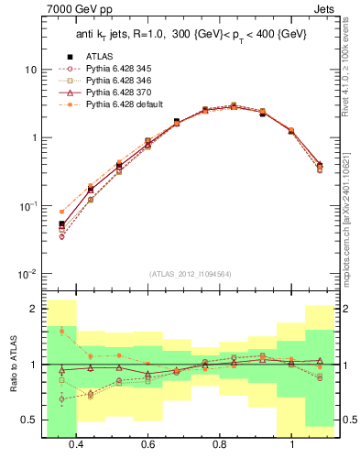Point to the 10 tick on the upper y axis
click(x=31, y=70)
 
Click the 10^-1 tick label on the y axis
click(x=27, y=206)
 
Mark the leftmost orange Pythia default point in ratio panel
click(x=61, y=331)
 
